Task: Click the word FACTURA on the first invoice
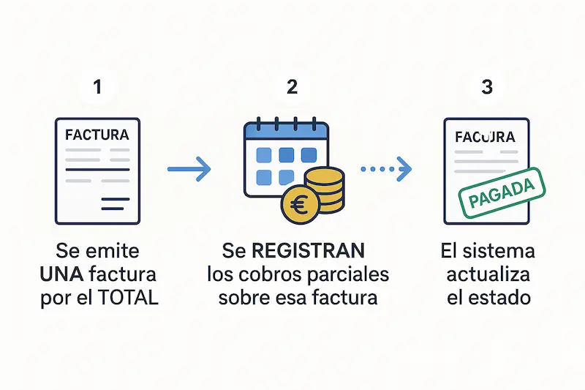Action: coord(97,135)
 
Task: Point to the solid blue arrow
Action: coord(189,170)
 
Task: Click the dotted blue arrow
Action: coord(386,170)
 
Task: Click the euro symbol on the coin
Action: coord(298,204)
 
